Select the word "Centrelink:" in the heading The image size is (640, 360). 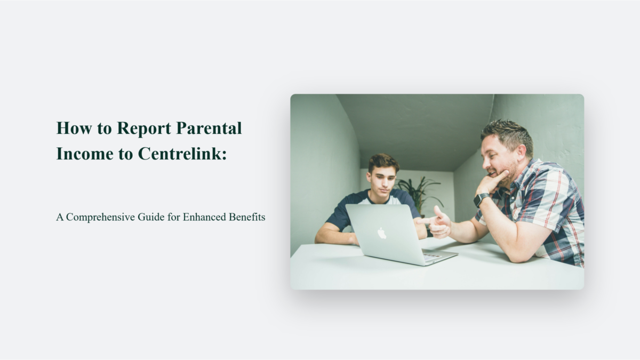(x=182, y=154)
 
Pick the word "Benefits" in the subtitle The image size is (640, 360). (x=246, y=218)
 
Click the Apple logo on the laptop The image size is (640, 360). (x=381, y=233)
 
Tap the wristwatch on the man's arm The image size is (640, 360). (x=481, y=199)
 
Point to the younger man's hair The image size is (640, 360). (x=383, y=162)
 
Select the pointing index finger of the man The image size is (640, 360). (x=424, y=220)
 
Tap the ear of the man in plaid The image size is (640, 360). (x=516, y=153)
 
